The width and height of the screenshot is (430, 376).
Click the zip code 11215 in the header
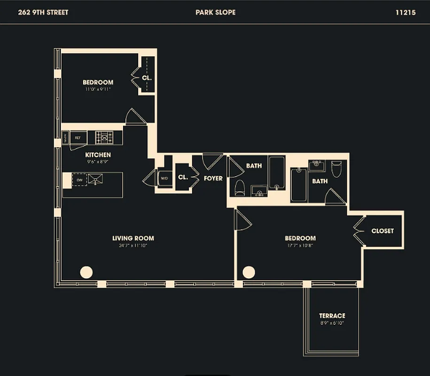pos(405,13)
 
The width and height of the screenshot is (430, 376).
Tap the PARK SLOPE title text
pos(215,13)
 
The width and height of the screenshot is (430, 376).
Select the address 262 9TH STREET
pos(43,13)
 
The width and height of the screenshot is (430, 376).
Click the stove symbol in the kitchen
pos(104,137)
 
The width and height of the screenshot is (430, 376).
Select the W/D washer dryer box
pos(164,179)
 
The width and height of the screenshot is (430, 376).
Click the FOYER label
pos(213,179)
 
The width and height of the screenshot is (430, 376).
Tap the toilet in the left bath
pos(240,187)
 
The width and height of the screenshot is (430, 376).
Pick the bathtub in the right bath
pos(299,185)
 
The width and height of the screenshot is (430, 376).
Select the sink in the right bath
pos(317,165)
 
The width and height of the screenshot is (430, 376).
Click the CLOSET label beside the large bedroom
pos(382,231)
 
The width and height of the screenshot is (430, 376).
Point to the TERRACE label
pos(332,316)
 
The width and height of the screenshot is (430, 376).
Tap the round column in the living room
pos(86,272)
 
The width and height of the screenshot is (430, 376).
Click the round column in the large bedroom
pos(249,272)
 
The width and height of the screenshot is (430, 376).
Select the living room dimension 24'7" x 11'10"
pos(133,246)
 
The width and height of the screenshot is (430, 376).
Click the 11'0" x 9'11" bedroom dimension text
pos(98,89)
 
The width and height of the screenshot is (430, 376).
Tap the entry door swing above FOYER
pos(212,161)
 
